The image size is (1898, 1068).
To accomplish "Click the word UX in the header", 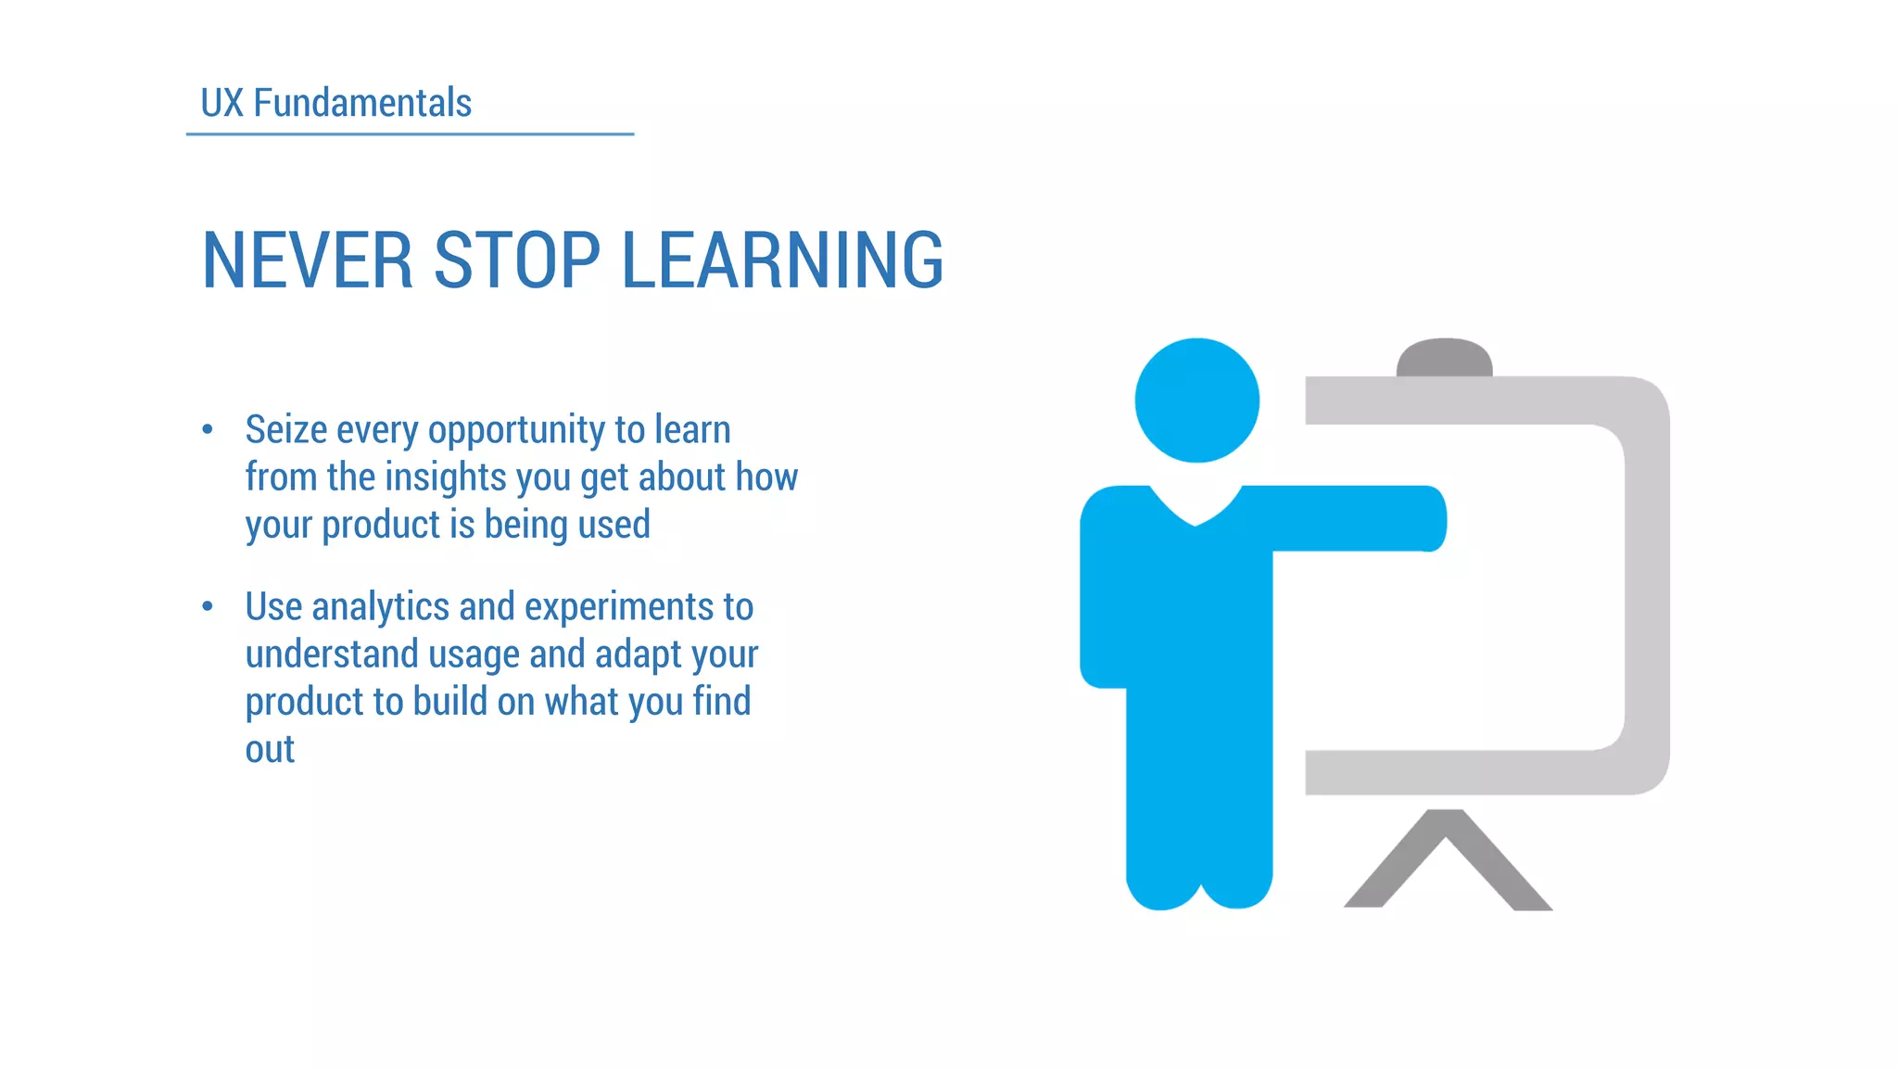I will click(221, 103).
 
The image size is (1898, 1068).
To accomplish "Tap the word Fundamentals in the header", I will click(362, 103).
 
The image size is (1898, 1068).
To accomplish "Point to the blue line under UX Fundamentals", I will click(410, 134).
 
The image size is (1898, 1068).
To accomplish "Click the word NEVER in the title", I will click(307, 261).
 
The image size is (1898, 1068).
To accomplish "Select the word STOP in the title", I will click(517, 261).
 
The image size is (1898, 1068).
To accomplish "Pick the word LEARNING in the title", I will click(782, 261).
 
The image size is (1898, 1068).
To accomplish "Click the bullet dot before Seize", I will click(208, 429).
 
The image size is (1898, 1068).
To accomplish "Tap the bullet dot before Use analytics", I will click(208, 606).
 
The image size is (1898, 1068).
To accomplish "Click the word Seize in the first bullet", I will click(286, 430).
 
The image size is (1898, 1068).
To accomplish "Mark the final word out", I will click(270, 749).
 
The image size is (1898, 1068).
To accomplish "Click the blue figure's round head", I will click(1196, 400).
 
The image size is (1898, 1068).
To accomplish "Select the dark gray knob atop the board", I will click(1444, 358).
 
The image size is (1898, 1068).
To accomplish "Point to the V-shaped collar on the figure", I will click(1196, 509).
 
